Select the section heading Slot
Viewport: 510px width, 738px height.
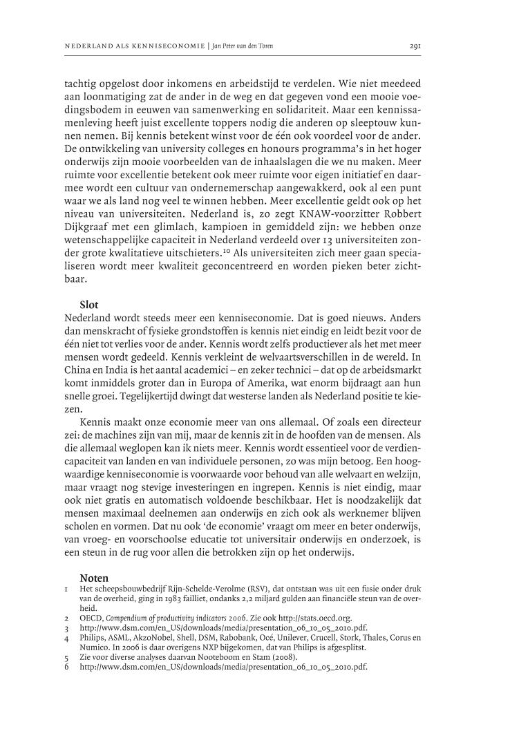click(89, 305)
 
